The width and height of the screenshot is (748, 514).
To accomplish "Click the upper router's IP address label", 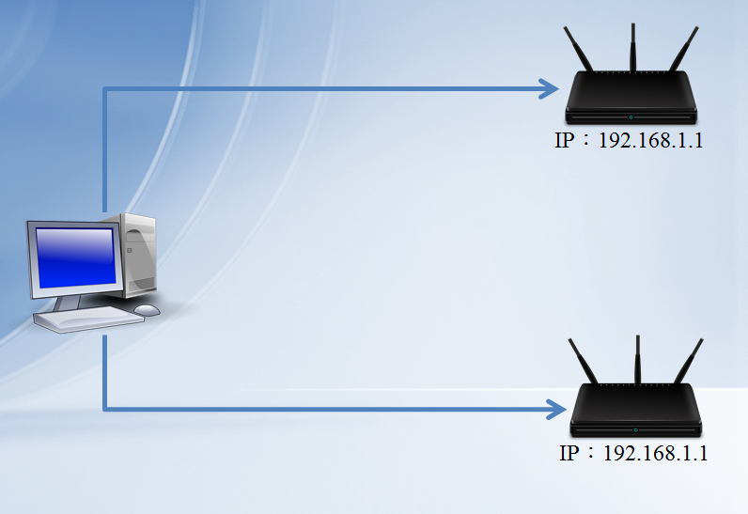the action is (x=630, y=142).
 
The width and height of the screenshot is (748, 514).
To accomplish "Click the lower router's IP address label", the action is (x=633, y=453).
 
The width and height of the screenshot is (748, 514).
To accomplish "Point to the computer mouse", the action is (x=147, y=309).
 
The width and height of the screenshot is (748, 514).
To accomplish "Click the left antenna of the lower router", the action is (x=584, y=362).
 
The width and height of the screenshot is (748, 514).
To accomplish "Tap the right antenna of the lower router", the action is (x=688, y=362).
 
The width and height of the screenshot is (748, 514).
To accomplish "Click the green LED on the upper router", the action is (x=631, y=117).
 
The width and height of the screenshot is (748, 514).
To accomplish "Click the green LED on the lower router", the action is (x=635, y=428).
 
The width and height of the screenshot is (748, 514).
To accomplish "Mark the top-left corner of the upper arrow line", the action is (x=104, y=90).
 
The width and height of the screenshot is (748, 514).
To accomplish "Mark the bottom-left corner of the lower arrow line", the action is (x=104, y=409).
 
